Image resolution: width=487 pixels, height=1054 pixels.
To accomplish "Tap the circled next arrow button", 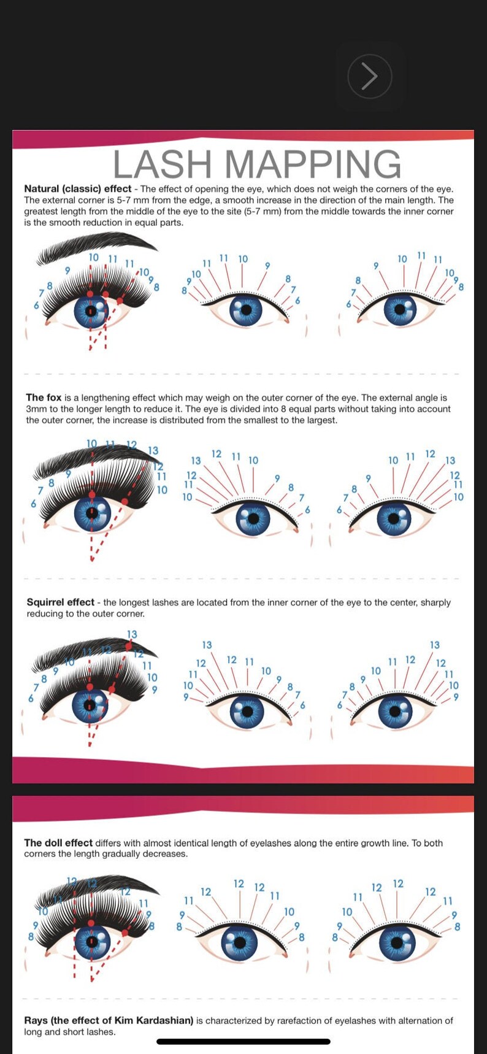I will [x=369, y=77].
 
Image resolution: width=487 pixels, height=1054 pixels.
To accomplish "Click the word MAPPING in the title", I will [x=313, y=164].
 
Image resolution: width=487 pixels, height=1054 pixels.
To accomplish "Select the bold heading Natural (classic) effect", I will [x=78, y=189].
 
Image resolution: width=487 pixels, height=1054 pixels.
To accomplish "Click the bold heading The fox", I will [x=44, y=398].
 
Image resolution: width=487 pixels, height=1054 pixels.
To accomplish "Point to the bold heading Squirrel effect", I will [x=60, y=602].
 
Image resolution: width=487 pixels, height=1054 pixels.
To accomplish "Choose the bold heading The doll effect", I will [x=58, y=843].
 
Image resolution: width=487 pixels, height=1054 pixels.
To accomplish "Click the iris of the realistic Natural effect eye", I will [x=91, y=312].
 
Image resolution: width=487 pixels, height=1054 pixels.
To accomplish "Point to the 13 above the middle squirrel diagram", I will [x=207, y=645].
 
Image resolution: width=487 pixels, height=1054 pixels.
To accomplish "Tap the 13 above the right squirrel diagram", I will [x=434, y=645].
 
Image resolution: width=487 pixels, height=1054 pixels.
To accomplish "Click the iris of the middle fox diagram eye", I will [x=253, y=519].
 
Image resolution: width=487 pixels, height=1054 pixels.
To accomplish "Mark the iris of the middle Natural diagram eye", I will [x=246, y=310].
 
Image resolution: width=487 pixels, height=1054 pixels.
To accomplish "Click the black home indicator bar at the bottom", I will [x=243, y=1041].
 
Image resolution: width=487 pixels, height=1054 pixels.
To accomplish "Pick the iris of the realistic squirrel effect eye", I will [x=90, y=706].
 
